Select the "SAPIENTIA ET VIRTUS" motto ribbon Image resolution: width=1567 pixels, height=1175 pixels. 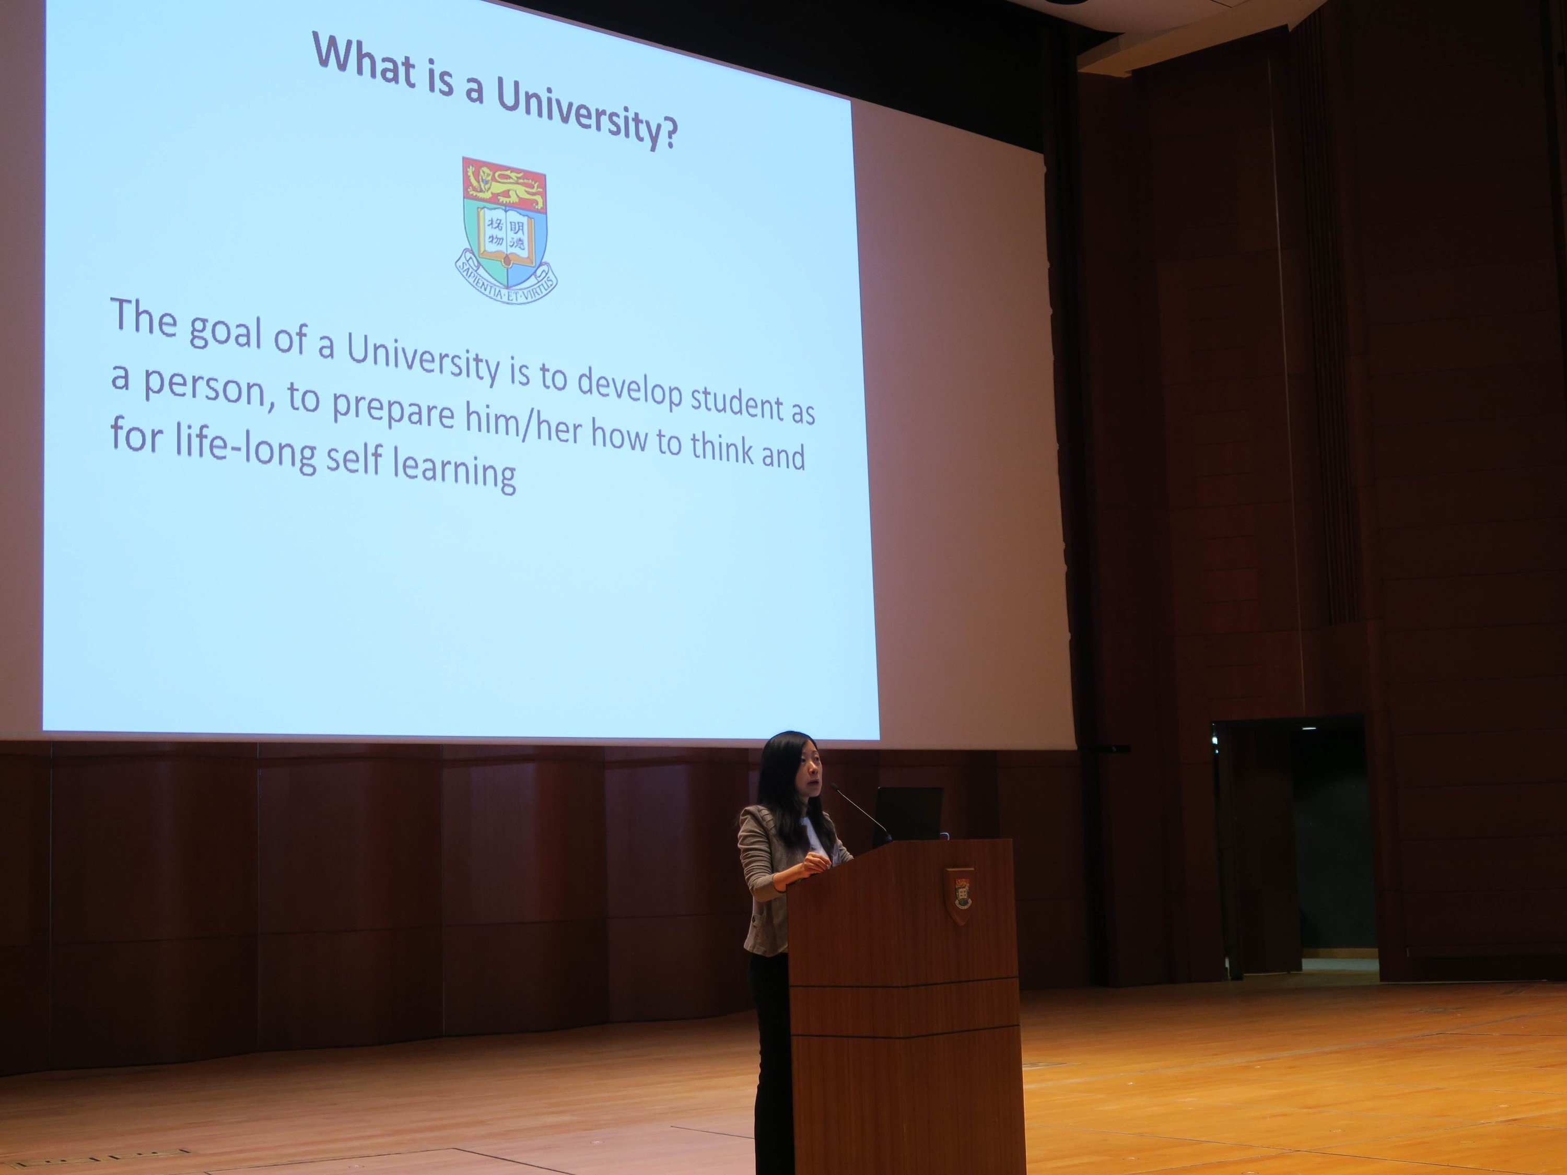click(506, 281)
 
